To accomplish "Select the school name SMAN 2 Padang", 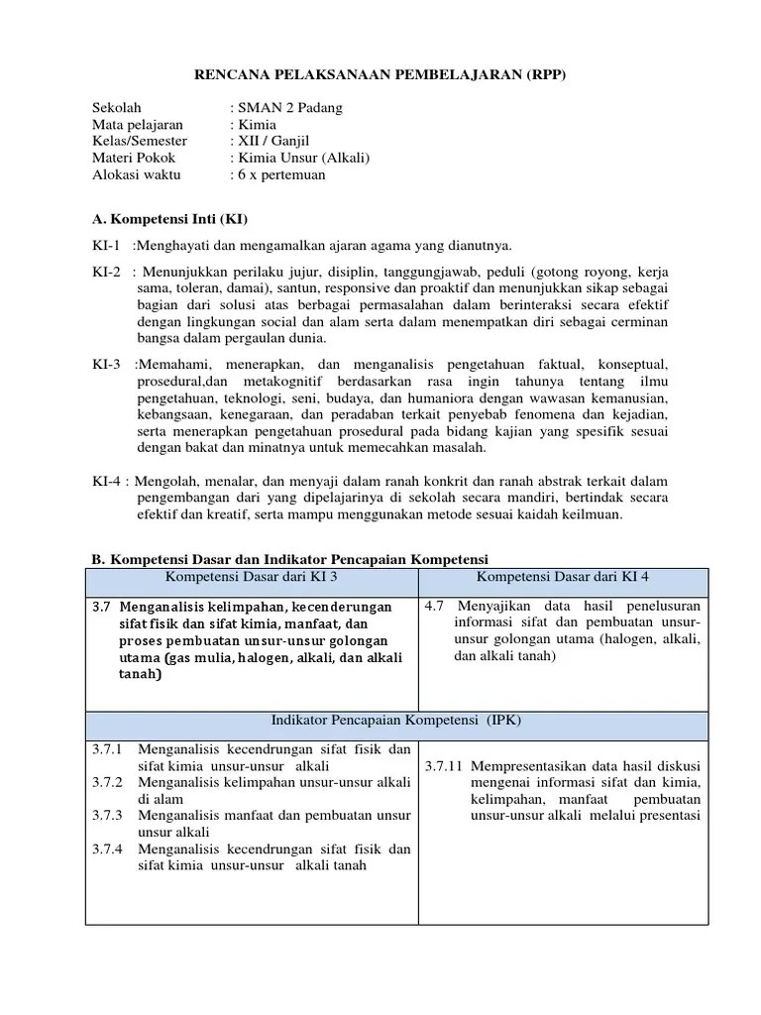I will tap(289, 108).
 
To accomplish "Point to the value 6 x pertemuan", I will tap(280, 175).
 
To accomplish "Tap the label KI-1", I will tap(106, 245).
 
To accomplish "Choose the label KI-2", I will tap(106, 271).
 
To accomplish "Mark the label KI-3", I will tap(106, 364).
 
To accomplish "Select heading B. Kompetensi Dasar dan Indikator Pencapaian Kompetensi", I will tap(290, 559).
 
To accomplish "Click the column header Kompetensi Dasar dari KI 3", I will tap(252, 577).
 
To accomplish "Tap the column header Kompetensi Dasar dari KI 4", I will tap(563, 577).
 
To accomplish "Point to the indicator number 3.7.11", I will tap(444, 766).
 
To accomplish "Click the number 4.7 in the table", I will tap(433, 605).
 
